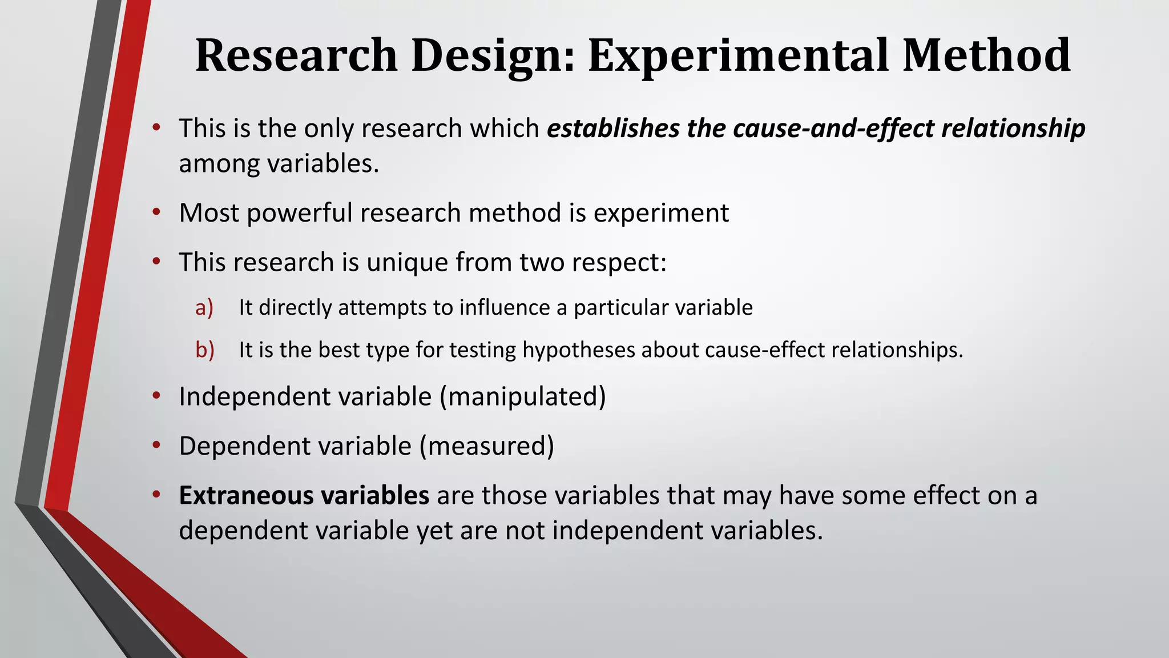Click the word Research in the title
coord(296,55)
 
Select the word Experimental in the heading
coord(738,55)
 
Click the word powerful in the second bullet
coord(300,213)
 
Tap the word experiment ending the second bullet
coord(661,213)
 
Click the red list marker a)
coord(204,307)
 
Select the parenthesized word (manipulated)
coord(522,396)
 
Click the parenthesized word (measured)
coord(486,446)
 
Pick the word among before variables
coord(219,164)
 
